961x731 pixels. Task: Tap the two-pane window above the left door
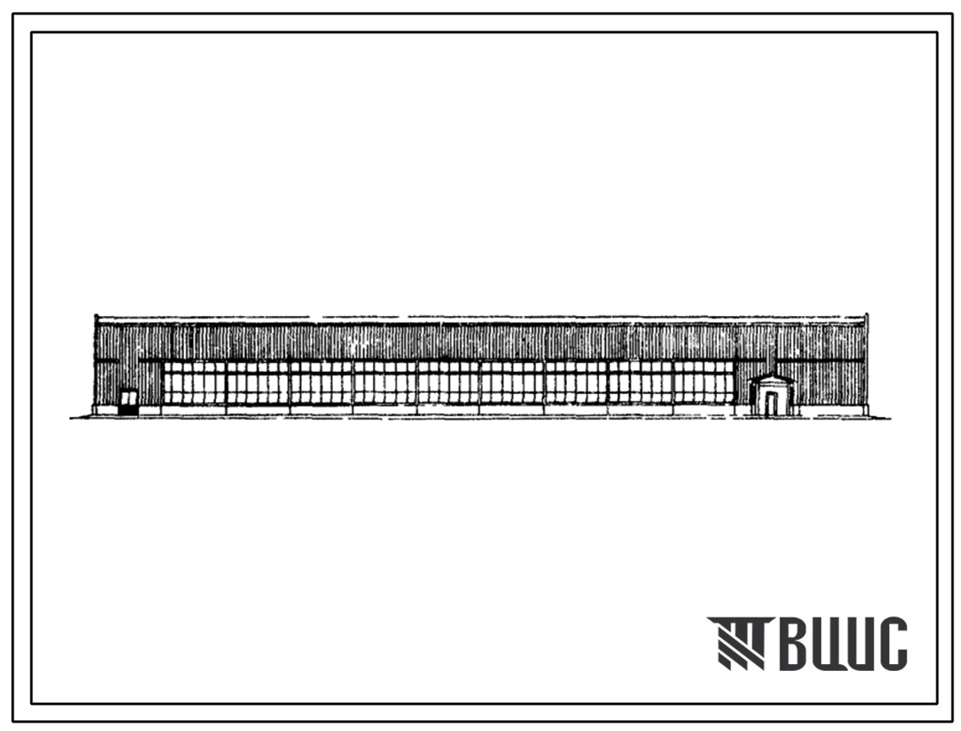pos(128,397)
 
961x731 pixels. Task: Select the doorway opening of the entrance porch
pos(771,404)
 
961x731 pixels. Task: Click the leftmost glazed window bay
pos(194,383)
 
